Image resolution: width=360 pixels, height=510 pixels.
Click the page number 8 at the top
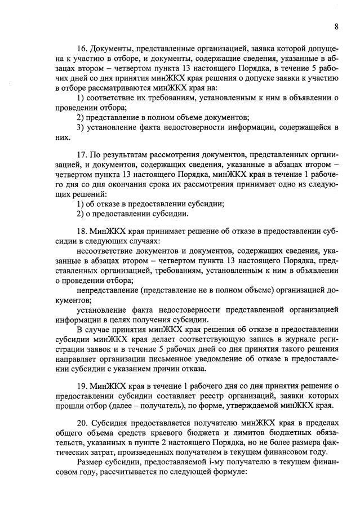pyautogui.click(x=336, y=26)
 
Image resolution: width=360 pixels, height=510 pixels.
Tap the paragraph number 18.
pyautogui.click(x=82, y=232)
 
